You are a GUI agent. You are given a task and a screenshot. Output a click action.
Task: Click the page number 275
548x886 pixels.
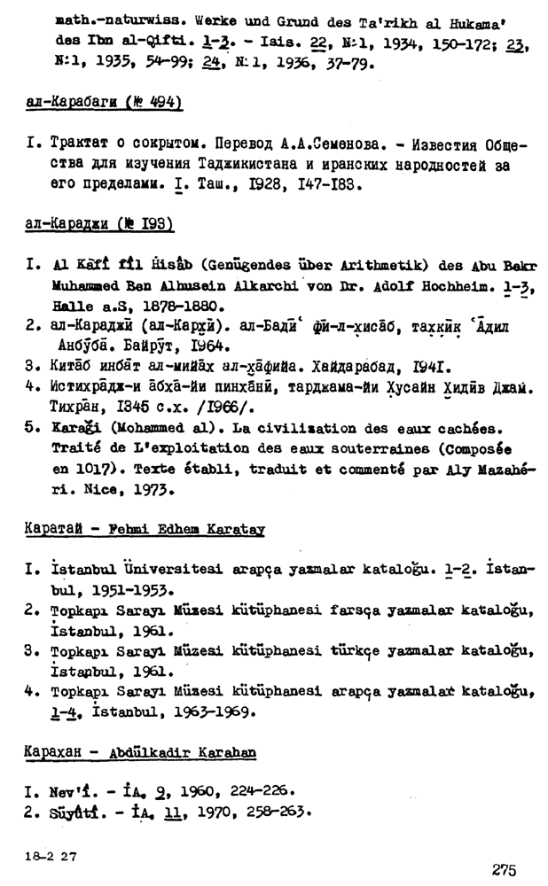[x=503, y=869]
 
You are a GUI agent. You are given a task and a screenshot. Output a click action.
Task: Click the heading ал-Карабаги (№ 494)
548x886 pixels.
[x=104, y=104]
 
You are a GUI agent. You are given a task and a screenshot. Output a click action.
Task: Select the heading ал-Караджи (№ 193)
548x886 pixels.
[x=98, y=223]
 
